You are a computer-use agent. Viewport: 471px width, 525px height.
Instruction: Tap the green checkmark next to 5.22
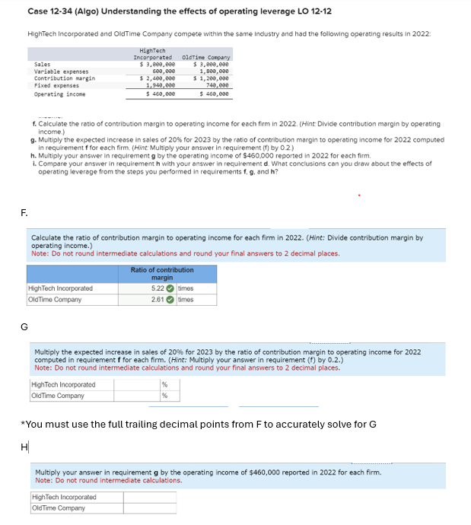[x=171, y=288]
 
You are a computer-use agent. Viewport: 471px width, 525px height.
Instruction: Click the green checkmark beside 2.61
[x=171, y=299]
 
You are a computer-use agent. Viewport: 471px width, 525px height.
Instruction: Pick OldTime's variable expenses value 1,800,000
[x=215, y=72]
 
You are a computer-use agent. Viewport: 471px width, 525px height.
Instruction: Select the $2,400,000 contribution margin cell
[x=161, y=78]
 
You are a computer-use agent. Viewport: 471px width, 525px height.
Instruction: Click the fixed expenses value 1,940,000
[x=161, y=85]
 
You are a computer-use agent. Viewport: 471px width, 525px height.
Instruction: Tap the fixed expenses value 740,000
[x=218, y=85]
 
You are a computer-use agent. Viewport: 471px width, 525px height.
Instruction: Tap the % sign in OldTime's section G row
[x=164, y=396]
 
